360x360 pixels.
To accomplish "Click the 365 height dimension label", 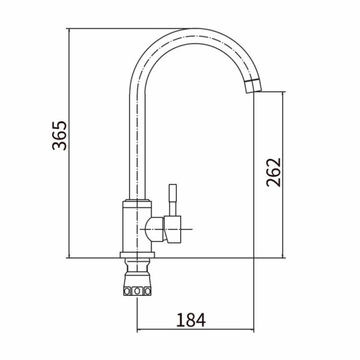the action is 59,136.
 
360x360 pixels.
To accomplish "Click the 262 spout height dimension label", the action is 274,172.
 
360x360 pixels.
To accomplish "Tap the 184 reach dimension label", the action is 191,320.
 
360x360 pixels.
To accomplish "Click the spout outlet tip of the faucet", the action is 254,92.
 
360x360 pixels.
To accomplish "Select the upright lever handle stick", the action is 173,200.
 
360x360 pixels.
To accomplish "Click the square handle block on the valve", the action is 173,229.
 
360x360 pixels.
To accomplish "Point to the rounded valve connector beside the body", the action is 155,229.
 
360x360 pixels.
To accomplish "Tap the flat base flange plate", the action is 137,254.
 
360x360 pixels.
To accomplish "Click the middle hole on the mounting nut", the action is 137,292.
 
